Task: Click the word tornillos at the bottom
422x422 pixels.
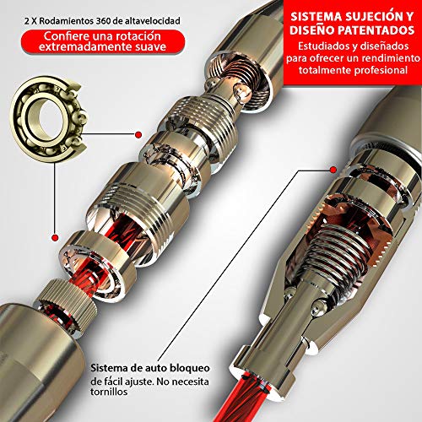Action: click(109, 392)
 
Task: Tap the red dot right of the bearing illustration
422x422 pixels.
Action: click(138, 135)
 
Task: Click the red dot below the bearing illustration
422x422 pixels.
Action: click(55, 237)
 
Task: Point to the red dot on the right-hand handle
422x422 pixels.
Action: click(333, 170)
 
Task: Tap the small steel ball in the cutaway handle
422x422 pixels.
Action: click(317, 306)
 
